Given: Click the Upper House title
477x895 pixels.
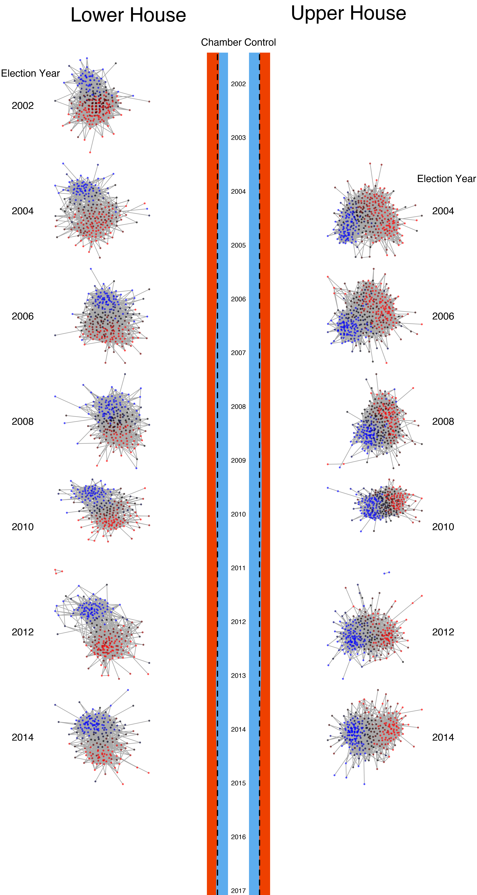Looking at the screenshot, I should click(348, 13).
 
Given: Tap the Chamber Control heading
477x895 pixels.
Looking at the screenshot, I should click(238, 42).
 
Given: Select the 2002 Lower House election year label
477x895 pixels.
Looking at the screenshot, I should click(23, 106).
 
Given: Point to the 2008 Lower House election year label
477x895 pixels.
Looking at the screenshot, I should click(23, 421).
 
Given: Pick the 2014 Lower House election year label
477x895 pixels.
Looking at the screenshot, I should click(23, 737).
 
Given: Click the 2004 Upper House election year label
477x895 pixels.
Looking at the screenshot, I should click(443, 211).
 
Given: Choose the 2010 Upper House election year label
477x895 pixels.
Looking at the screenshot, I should click(443, 527).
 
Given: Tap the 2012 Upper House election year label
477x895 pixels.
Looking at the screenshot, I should click(443, 632).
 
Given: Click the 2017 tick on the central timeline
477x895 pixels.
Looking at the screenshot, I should click(238, 890).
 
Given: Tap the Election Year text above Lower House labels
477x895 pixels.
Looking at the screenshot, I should click(30, 73).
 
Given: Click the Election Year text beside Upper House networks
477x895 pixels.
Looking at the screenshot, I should click(446, 179).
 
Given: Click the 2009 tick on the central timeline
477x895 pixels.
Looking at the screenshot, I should click(238, 460).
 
